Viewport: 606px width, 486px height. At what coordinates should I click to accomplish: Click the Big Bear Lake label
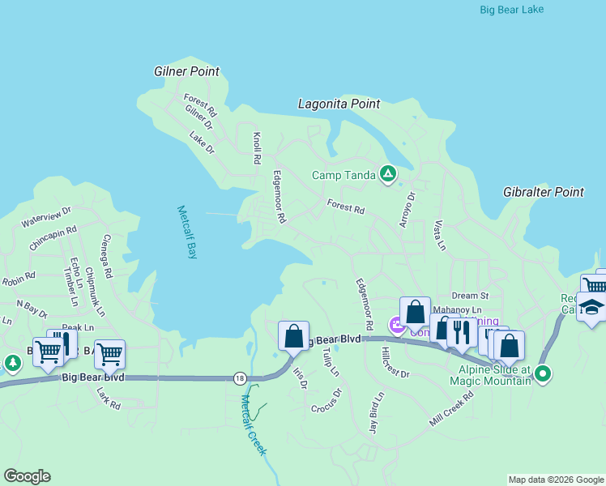point(512,10)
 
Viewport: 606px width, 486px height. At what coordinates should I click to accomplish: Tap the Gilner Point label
point(186,71)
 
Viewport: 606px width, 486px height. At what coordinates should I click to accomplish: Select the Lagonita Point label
point(339,104)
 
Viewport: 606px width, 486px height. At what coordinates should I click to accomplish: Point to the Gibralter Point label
point(543,192)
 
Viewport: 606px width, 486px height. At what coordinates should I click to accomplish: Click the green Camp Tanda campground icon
point(389,173)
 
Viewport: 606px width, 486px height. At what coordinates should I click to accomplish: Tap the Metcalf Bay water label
point(187,232)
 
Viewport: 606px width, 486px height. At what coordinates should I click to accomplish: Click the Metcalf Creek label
point(254,429)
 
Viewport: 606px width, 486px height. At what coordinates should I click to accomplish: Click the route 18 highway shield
point(239,378)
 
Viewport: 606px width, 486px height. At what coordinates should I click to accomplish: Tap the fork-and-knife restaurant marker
point(461,333)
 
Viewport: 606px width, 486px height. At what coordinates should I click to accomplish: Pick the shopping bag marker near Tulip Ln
point(294,336)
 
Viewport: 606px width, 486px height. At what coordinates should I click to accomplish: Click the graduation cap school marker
point(591,308)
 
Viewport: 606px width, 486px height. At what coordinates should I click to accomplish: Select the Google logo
point(27,476)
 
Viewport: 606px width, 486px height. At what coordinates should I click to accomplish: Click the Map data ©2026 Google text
point(556,480)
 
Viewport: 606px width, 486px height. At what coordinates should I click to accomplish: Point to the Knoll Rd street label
point(258,149)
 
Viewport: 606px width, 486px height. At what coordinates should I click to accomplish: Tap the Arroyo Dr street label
point(407,209)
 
